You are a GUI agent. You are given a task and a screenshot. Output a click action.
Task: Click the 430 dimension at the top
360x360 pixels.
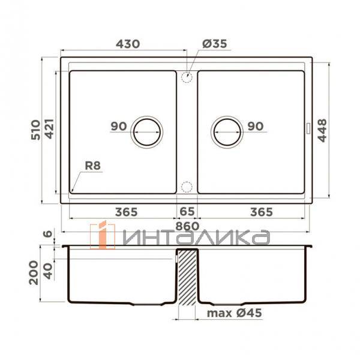pyautogui.click(x=128, y=44)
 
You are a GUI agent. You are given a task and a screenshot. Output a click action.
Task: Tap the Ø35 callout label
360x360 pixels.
pyautogui.click(x=214, y=44)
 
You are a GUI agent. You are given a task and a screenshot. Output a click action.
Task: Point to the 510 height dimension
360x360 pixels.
pyautogui.click(x=36, y=130)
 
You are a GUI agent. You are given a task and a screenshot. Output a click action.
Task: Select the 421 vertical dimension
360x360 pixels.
pyautogui.click(x=50, y=129)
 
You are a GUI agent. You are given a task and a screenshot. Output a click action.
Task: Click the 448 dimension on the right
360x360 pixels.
pyautogui.click(x=322, y=130)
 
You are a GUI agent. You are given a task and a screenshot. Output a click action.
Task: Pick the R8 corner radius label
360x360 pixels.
pyautogui.click(x=93, y=166)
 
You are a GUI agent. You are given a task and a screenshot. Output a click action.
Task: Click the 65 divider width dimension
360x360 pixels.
pyautogui.click(x=187, y=211)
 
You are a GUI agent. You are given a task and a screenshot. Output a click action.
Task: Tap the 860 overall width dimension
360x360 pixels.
pyautogui.click(x=187, y=226)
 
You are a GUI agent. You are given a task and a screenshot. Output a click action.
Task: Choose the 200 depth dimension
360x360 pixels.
pyautogui.click(x=34, y=272)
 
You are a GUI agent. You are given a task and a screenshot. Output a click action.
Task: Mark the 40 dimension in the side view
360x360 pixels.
pyautogui.click(x=48, y=271)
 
